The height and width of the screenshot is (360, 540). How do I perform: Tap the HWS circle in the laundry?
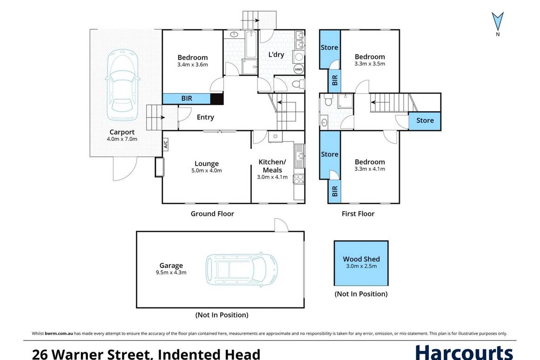click(x=298, y=69)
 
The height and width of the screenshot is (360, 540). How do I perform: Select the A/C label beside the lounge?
click(x=165, y=145)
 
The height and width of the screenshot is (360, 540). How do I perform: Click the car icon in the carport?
click(x=122, y=87)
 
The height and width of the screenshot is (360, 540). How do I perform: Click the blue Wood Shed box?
click(x=361, y=263)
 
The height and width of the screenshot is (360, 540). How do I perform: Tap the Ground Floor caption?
click(x=212, y=213)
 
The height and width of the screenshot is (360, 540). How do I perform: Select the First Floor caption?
click(x=358, y=213)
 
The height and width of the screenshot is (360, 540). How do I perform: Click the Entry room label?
click(x=205, y=117)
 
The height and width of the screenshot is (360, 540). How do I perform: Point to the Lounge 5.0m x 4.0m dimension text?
click(x=207, y=171)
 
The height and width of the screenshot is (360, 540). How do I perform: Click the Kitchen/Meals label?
click(x=272, y=166)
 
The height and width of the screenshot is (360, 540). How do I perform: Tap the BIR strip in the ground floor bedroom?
click(x=186, y=99)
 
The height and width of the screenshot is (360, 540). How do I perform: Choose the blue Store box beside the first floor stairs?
click(x=425, y=120)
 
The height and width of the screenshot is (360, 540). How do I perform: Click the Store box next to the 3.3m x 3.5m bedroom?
click(x=330, y=48)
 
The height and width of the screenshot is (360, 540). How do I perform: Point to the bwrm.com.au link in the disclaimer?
click(x=59, y=333)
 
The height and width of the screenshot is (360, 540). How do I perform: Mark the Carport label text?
click(x=122, y=132)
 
